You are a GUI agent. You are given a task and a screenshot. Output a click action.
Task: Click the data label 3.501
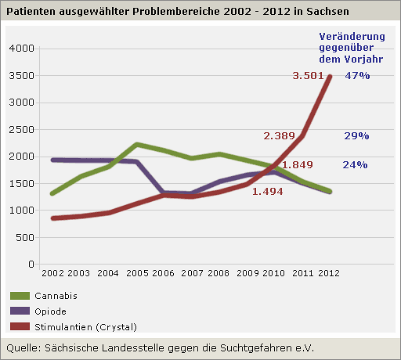(x=308, y=76)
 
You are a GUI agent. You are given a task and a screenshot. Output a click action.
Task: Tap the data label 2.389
(x=279, y=136)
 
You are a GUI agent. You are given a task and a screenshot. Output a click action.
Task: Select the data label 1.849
(x=298, y=165)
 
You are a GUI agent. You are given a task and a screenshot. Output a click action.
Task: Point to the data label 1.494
(x=268, y=192)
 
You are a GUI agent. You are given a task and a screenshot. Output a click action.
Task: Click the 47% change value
(x=357, y=76)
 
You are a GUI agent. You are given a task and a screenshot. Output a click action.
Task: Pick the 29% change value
(x=356, y=136)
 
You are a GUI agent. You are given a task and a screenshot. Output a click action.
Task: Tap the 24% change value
(x=355, y=165)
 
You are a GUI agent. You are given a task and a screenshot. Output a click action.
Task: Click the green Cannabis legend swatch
(x=20, y=296)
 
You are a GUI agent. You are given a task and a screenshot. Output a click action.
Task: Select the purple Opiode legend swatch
(x=20, y=311)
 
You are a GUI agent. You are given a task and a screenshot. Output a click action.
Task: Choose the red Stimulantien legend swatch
(x=20, y=326)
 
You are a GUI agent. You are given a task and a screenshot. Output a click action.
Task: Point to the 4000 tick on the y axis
(x=21, y=49)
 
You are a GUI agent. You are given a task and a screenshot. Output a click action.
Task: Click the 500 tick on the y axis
(x=25, y=238)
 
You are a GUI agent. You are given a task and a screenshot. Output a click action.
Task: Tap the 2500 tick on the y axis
(x=21, y=130)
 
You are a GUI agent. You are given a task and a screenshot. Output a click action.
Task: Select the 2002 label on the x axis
(x=52, y=273)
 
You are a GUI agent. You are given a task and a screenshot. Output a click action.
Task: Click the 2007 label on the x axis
(x=192, y=273)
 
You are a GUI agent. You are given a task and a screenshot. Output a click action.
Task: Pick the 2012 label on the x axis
(x=329, y=273)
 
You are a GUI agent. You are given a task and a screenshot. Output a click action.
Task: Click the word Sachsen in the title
(x=327, y=12)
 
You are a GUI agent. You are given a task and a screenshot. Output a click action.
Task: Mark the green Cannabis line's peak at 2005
(x=136, y=144)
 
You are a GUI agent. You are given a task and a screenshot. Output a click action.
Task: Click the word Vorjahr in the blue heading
(x=363, y=59)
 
